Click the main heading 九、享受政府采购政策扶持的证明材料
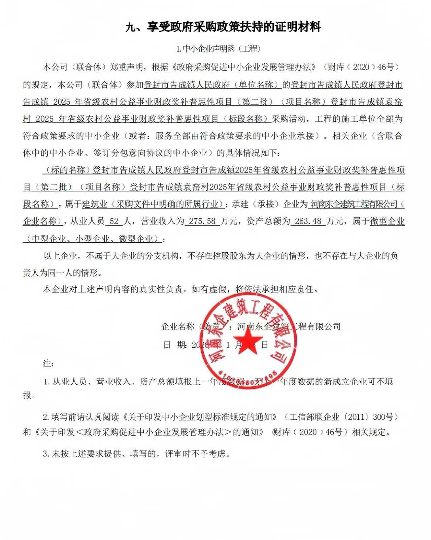click(223, 27)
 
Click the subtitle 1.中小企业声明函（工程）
click(219, 49)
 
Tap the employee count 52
click(114, 221)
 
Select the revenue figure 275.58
click(202, 221)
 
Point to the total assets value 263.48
click(308, 221)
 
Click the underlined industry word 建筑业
click(95, 204)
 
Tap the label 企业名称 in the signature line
click(177, 326)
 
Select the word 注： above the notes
click(48, 363)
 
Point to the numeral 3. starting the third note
click(46, 454)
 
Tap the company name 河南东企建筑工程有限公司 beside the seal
click(289, 326)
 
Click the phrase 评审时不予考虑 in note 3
click(195, 454)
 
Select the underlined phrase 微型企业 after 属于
click(387, 221)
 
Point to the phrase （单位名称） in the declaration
click(256, 85)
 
